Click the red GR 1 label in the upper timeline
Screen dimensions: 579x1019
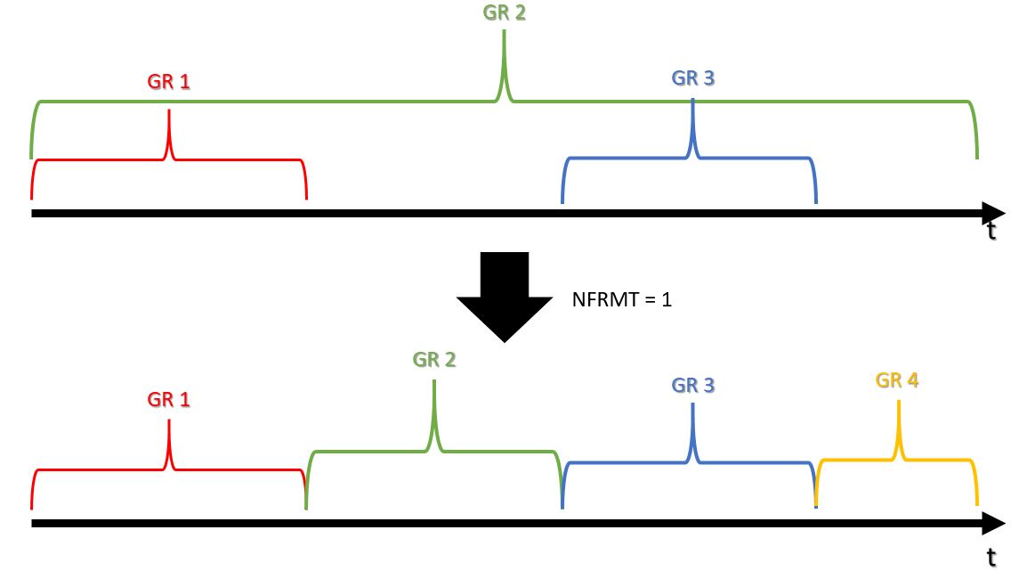169,82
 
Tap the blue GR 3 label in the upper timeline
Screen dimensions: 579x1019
692,78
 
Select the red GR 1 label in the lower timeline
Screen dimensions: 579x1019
169,399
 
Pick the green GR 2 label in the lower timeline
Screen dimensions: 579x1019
434,360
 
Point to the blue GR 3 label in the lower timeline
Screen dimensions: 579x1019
692,386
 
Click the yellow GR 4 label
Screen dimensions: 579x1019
897,380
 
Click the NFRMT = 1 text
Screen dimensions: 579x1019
622,299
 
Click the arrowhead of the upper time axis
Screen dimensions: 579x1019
992,213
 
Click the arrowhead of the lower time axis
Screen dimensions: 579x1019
992,524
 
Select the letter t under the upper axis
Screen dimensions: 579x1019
991,231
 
